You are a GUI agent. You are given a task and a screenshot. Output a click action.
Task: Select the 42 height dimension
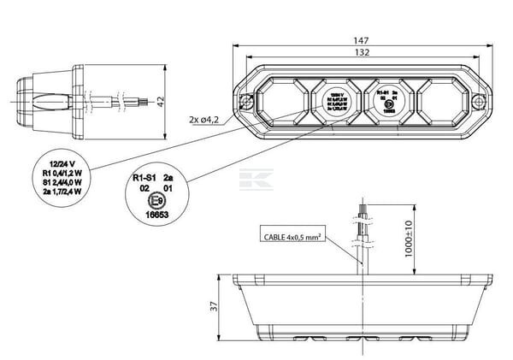(161, 101)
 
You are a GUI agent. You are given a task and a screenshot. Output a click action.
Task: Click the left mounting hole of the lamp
(246, 103)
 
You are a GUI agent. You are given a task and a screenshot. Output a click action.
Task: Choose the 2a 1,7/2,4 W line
(62, 191)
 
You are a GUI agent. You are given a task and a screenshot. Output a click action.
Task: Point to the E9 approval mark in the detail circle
(156, 203)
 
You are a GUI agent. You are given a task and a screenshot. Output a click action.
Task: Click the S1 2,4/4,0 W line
(62, 181)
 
